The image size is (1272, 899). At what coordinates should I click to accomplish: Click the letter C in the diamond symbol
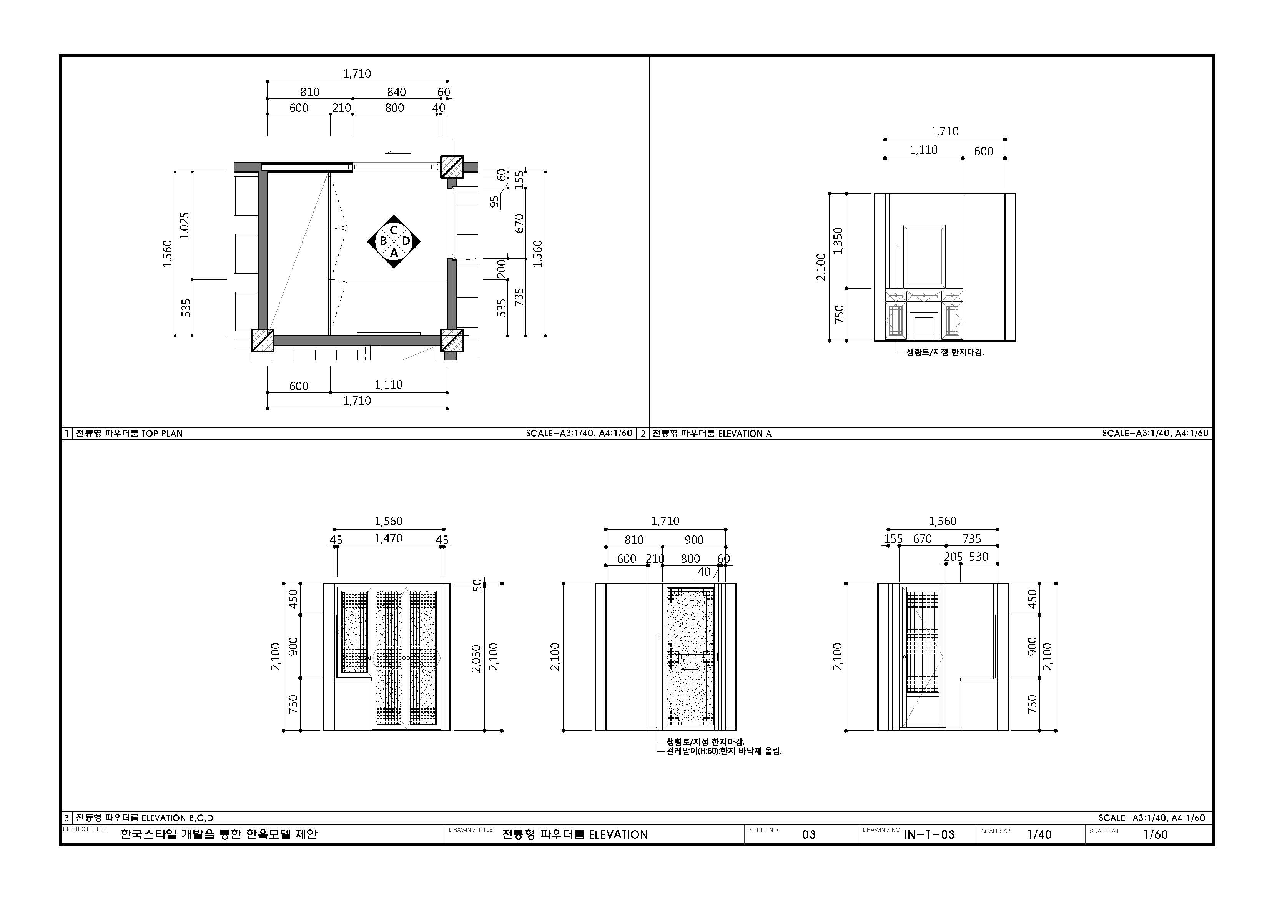pyautogui.click(x=393, y=230)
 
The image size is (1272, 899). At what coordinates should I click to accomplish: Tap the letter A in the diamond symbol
pyautogui.click(x=394, y=253)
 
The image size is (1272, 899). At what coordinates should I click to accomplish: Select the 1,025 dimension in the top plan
pyautogui.click(x=185, y=226)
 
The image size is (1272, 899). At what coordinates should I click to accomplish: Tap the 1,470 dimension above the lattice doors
pyautogui.click(x=388, y=538)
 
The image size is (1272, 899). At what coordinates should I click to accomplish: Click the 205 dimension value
pyautogui.click(x=953, y=557)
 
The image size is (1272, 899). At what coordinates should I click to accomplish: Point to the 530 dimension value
pyautogui.click(x=979, y=557)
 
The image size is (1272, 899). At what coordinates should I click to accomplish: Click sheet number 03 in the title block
pyautogui.click(x=809, y=834)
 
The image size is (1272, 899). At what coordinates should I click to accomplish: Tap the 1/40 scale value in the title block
pyautogui.click(x=1039, y=834)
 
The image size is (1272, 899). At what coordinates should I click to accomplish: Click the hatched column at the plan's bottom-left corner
pyautogui.click(x=263, y=340)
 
